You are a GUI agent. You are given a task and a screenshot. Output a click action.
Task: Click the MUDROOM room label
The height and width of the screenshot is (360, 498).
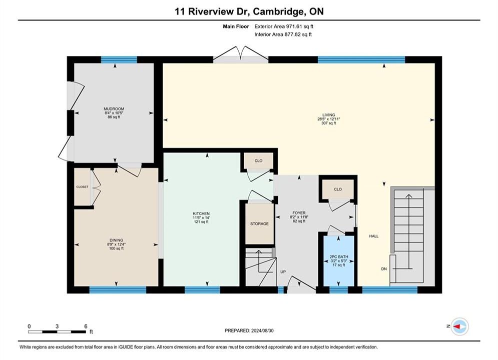114,109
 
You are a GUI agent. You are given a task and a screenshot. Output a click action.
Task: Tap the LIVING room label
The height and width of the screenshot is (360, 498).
329,115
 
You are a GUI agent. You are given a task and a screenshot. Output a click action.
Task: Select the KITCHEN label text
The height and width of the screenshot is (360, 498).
201,213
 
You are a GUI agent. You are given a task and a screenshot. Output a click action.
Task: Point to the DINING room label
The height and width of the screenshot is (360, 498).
116,240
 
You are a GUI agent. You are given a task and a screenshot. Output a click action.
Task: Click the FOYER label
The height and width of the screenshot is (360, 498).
299,213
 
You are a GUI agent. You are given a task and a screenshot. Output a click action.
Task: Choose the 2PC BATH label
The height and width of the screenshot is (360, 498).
339,256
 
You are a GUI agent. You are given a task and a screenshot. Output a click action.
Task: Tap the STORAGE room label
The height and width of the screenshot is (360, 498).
259,223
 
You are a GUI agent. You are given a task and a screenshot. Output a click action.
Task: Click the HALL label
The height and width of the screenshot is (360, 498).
374,236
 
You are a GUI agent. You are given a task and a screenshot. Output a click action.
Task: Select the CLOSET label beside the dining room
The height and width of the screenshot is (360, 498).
82,187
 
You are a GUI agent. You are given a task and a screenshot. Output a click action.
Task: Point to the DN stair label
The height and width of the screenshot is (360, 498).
384,268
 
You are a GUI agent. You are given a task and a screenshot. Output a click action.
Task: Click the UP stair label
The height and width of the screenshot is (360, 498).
283,272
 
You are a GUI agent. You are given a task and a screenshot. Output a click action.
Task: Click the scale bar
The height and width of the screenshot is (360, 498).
57,332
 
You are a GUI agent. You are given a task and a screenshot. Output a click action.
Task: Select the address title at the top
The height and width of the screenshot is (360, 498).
249,11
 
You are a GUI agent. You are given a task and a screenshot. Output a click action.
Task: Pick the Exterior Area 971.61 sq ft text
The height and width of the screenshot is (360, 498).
284,26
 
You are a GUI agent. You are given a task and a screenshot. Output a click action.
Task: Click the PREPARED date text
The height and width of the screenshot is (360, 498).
249,330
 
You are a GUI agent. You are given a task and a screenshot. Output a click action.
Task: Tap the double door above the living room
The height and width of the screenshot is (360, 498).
241,54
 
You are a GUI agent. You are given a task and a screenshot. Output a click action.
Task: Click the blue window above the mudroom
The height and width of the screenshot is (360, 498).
119,59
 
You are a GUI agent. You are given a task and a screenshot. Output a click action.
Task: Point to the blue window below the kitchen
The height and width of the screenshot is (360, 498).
202,289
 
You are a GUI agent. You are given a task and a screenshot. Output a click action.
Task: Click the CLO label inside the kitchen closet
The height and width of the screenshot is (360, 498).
259,161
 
